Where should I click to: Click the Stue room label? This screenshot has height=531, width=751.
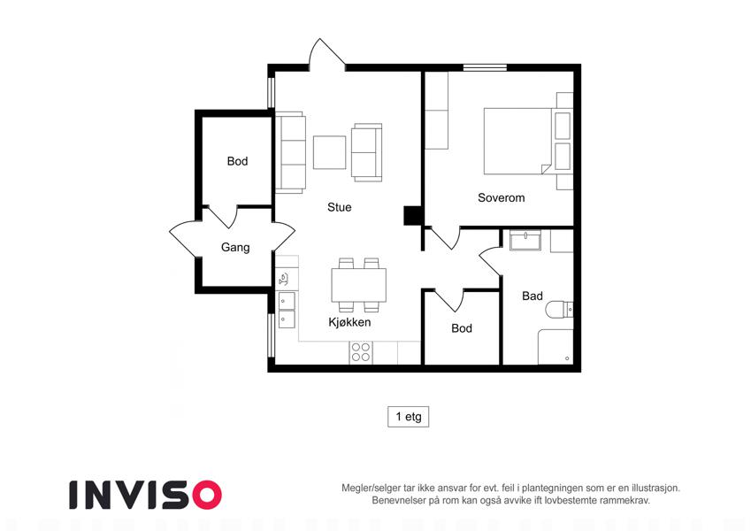pyautogui.click(x=339, y=207)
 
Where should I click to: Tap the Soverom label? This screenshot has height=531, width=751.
pyautogui.click(x=501, y=197)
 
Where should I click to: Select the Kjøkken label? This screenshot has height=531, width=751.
pyautogui.click(x=349, y=322)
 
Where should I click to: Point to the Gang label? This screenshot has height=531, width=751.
pyautogui.click(x=235, y=247)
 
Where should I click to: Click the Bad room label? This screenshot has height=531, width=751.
pyautogui.click(x=533, y=296)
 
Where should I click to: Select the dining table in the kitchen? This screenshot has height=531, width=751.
pyautogui.click(x=359, y=285)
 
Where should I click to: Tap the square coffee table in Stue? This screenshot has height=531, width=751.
pyautogui.click(x=330, y=152)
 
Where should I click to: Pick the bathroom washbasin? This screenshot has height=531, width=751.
pyautogui.click(x=525, y=240)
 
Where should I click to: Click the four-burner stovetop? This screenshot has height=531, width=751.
pyautogui.click(x=361, y=352)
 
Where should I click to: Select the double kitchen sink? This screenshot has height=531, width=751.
pyautogui.click(x=287, y=310)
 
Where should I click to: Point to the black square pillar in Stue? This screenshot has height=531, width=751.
pyautogui.click(x=412, y=215)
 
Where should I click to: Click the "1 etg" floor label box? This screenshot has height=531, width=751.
pyautogui.click(x=408, y=417)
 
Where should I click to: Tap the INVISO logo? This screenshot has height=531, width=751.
pyautogui.click(x=145, y=495)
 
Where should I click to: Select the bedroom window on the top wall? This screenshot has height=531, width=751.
pyautogui.click(x=485, y=67)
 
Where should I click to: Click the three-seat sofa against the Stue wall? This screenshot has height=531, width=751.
pyautogui.click(x=290, y=152)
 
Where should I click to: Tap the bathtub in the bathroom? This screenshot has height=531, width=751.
pyautogui.click(x=556, y=347)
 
